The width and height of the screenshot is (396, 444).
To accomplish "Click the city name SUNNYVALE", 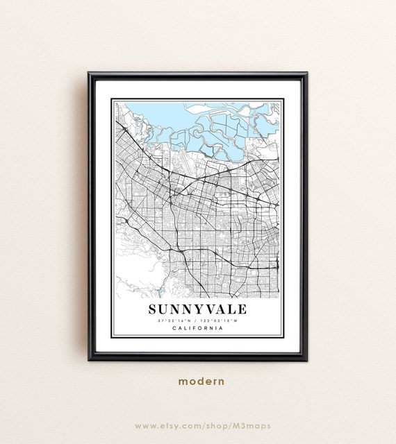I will point(197,309).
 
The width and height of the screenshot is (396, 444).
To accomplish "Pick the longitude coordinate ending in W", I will point(220,321).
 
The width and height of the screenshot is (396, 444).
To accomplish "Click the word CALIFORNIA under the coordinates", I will point(197,328).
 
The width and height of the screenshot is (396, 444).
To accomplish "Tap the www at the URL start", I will point(144,425).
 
